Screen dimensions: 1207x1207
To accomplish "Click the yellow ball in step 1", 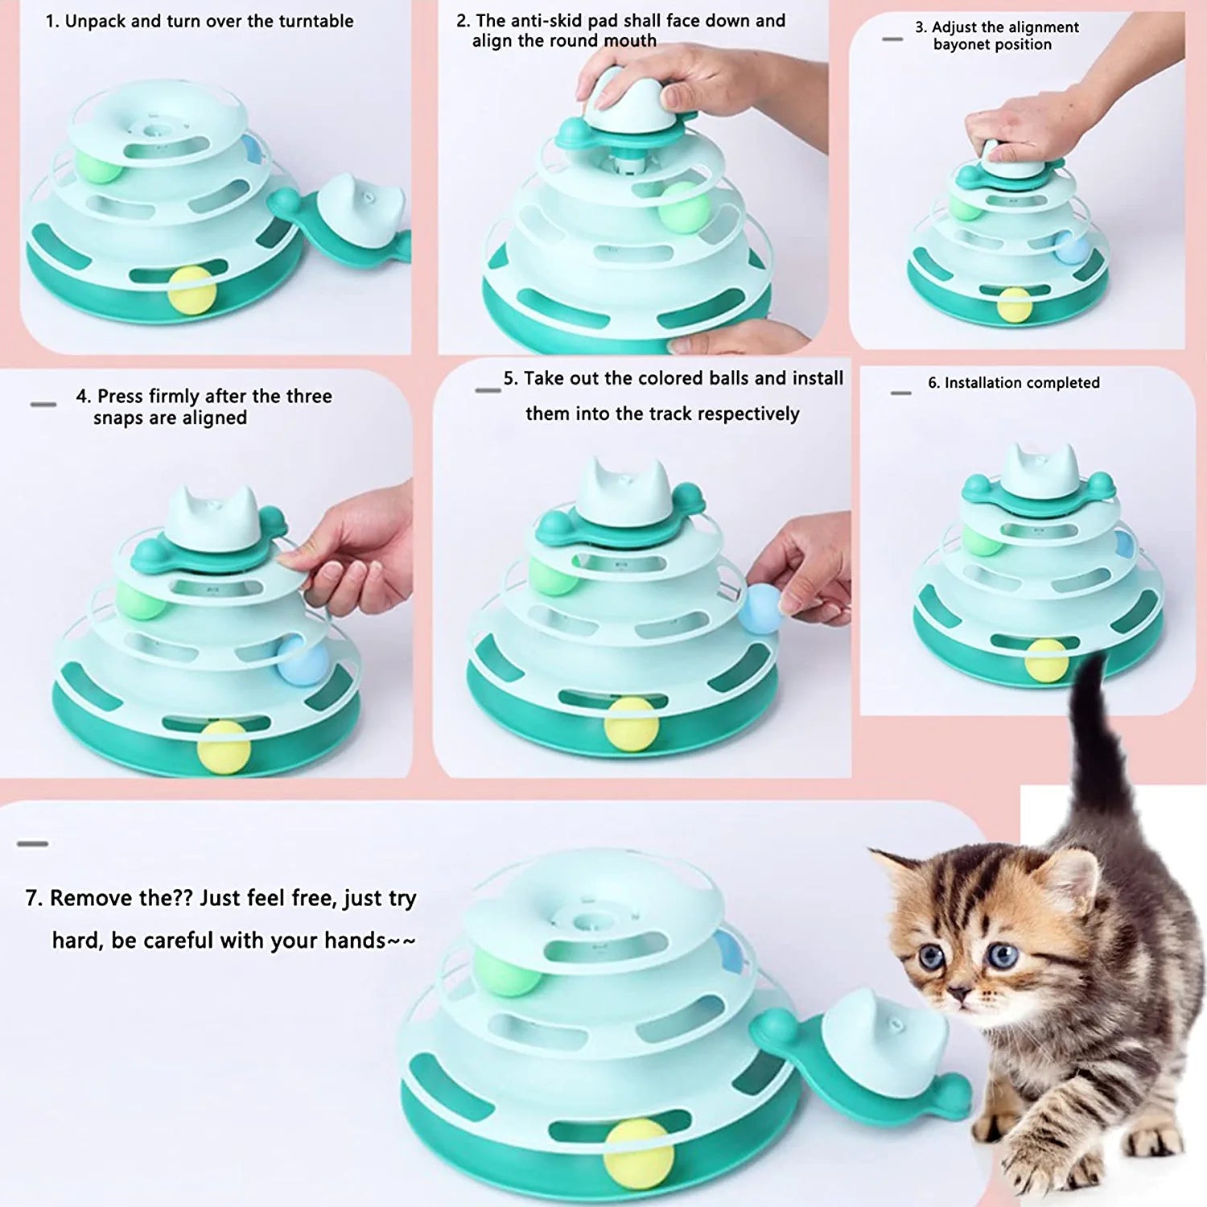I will [x=192, y=290].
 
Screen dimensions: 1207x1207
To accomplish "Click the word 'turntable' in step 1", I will [x=315, y=21].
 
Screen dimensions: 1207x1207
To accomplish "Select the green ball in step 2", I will [x=682, y=208].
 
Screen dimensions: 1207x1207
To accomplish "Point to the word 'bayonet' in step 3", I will [x=962, y=44].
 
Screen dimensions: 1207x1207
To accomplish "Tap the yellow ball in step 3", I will [x=1014, y=305].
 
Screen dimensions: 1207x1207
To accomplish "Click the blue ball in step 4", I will [x=303, y=661].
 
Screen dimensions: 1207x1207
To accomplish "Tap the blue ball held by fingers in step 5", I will [x=760, y=608].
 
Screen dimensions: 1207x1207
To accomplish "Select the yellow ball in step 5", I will [x=632, y=724].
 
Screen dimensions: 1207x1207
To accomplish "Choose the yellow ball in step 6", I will [x=1046, y=661].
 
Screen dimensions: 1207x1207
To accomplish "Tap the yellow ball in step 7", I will [x=639, y=1154].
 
